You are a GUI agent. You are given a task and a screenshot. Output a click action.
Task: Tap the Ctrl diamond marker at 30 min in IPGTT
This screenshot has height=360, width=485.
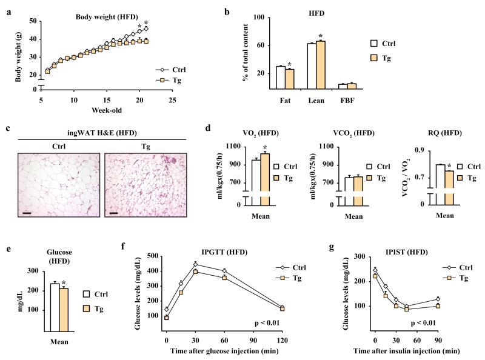[x=195, y=264]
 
